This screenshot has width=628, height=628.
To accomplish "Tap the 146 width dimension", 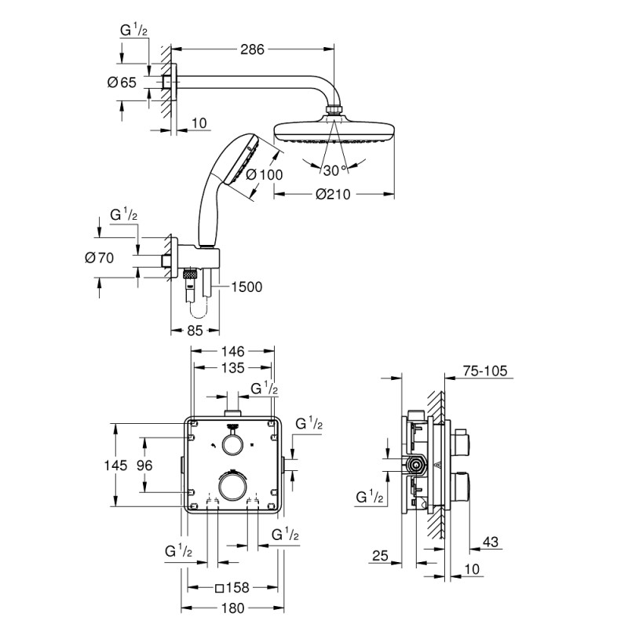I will [x=232, y=350].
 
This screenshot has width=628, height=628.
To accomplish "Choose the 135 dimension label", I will [x=232, y=367].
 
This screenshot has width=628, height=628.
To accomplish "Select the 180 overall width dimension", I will [x=232, y=607].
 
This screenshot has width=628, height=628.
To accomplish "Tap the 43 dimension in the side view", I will [x=491, y=542].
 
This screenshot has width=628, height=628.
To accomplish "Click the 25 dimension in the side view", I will [x=380, y=557].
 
